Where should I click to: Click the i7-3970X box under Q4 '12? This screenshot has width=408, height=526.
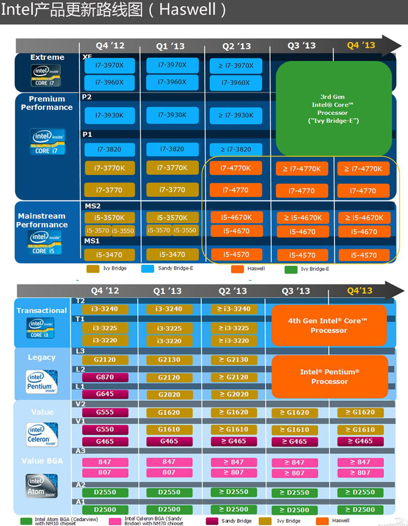[x=109, y=66]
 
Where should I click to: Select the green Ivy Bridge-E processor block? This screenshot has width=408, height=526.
[x=334, y=108]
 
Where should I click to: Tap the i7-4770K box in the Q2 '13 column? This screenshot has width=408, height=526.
[x=236, y=168]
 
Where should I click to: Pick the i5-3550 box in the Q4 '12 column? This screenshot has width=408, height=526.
[x=124, y=230]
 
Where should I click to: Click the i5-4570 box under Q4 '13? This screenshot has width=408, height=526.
[x=364, y=255]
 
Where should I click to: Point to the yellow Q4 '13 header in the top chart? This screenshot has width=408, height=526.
[x=361, y=45]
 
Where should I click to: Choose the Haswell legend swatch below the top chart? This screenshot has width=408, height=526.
[x=238, y=269]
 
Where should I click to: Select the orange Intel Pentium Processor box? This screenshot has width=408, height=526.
[x=330, y=376]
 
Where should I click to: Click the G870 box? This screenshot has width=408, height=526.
[x=105, y=377]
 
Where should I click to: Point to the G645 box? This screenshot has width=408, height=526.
[x=105, y=393]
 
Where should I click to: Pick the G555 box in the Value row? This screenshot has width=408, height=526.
[x=105, y=412]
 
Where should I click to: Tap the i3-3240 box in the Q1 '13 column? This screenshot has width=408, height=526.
[x=169, y=309]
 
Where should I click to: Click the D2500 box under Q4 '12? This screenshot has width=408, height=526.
[x=105, y=509]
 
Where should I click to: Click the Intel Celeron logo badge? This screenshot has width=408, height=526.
[x=42, y=434]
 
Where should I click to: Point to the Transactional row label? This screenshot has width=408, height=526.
[x=42, y=310]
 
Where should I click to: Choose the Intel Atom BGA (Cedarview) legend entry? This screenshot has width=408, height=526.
[x=53, y=521]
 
